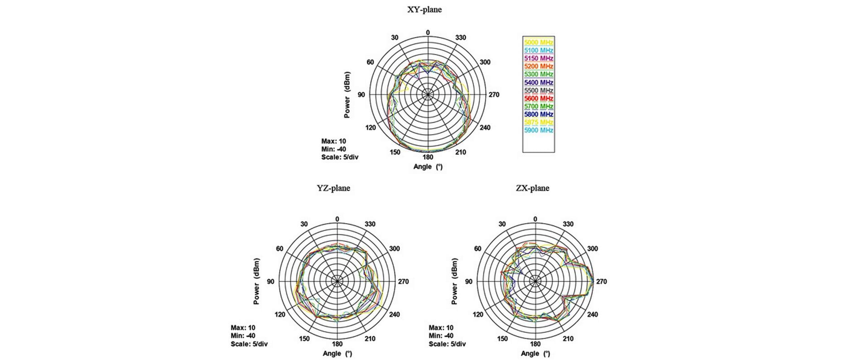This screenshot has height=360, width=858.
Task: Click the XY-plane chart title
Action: [424, 10]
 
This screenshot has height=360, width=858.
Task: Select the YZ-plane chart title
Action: [333, 188]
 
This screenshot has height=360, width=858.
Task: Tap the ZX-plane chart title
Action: [532, 188]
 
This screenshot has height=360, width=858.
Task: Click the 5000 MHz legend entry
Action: [539, 42]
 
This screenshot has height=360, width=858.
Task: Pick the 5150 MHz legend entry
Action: [539, 58]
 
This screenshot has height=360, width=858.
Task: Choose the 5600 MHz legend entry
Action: [539, 98]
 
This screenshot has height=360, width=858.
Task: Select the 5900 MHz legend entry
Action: [539, 130]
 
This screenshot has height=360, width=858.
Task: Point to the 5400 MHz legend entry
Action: [539, 82]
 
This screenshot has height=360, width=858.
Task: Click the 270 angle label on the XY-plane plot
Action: [494, 95]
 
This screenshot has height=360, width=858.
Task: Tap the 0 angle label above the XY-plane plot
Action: [428, 33]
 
